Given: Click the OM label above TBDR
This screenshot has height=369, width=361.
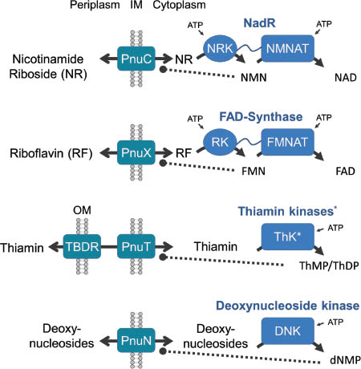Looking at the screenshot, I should tap(76, 211).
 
